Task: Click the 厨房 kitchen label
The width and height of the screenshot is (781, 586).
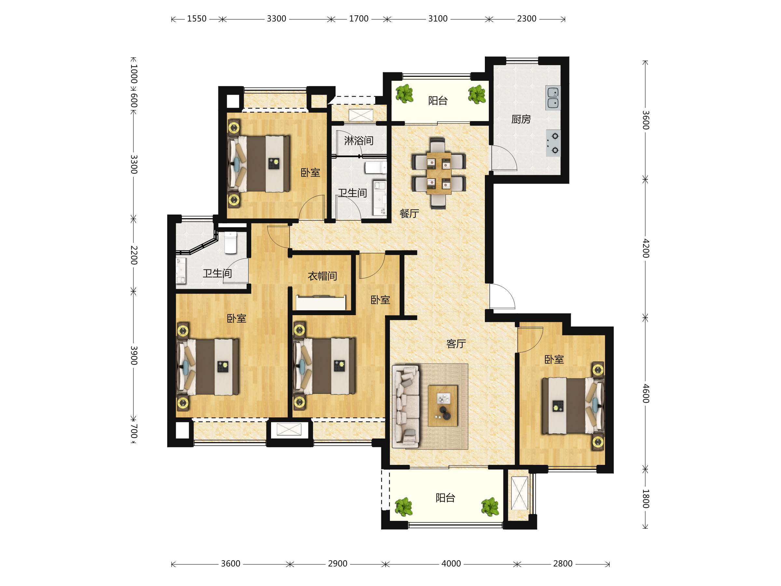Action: (521, 119)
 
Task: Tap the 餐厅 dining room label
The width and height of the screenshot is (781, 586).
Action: (409, 213)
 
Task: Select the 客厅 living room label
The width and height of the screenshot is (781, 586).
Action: (456, 344)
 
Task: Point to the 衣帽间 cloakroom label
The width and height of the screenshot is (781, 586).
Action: (322, 276)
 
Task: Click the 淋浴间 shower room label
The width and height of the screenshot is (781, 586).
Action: (359, 141)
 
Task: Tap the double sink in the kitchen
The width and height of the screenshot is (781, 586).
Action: (553, 98)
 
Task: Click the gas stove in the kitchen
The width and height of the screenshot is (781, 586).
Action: (553, 143)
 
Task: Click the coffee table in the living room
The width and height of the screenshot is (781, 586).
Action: (443, 406)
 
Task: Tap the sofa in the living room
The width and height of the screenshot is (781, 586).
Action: (406, 407)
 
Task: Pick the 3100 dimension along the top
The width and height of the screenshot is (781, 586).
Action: (438, 19)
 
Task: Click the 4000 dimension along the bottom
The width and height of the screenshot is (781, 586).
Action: (451, 564)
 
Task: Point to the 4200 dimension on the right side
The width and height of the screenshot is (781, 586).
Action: (645, 248)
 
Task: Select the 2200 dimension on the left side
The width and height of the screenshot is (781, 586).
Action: (134, 255)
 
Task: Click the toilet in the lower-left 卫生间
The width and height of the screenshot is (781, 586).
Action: (230, 243)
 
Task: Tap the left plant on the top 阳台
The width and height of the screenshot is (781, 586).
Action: (404, 93)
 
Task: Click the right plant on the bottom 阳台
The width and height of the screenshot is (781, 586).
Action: (490, 507)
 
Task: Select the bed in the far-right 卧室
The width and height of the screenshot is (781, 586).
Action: (573, 406)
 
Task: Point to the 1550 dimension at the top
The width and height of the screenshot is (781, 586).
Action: (197, 19)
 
